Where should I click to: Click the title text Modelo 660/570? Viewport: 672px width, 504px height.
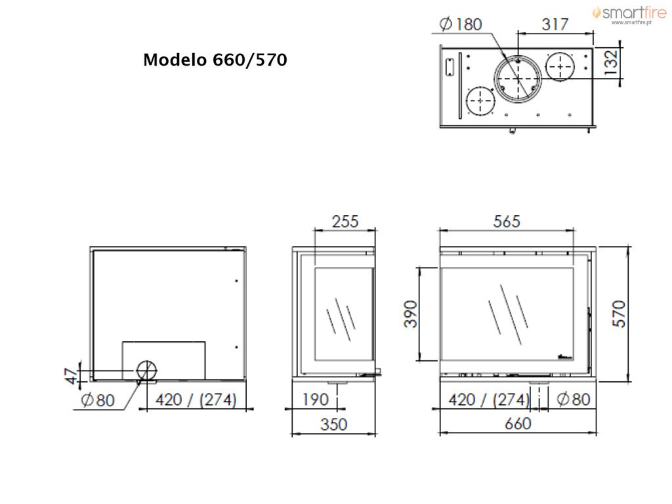click(x=215, y=60)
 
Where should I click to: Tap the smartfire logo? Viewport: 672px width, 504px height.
click(x=629, y=14)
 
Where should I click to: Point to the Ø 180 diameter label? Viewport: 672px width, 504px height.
click(x=461, y=24)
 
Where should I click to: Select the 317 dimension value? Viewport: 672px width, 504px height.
click(x=555, y=24)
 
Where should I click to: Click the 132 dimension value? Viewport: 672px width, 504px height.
click(x=611, y=62)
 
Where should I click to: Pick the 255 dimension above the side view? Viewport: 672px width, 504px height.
click(x=345, y=222)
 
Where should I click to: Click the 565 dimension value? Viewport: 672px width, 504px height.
click(x=507, y=222)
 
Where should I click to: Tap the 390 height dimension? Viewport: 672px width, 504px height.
click(x=411, y=314)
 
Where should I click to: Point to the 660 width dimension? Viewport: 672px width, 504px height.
click(x=518, y=424)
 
